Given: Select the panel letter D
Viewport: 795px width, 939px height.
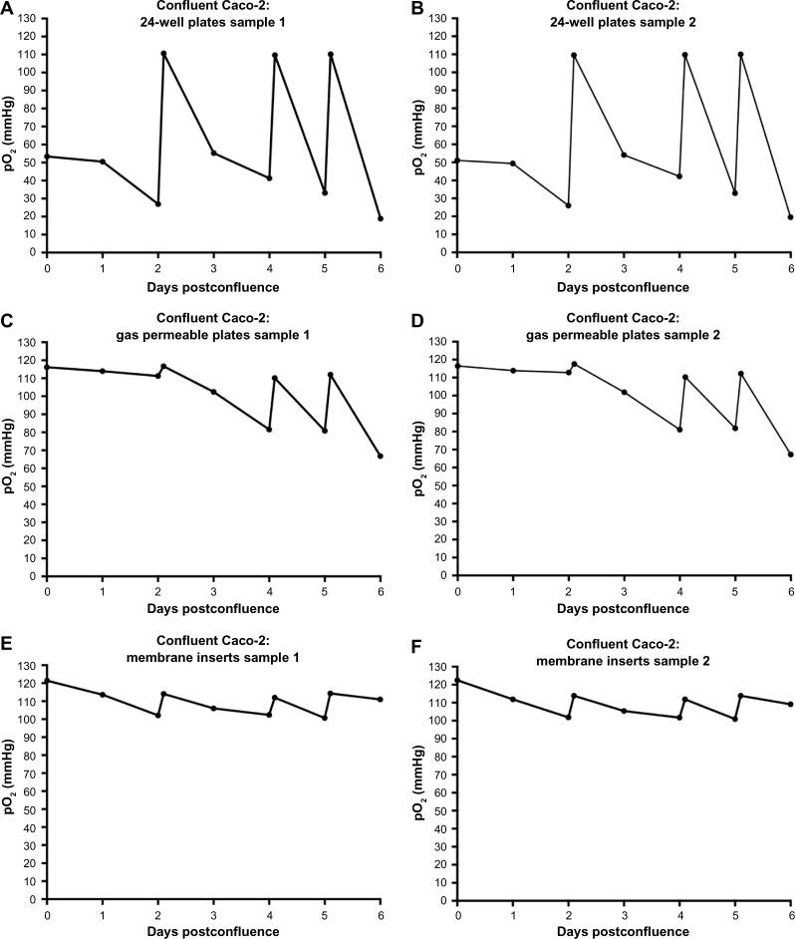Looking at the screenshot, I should pos(417,333).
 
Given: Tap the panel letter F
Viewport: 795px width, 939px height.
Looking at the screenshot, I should pos(417,657).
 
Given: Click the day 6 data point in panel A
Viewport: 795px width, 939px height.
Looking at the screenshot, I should pos(381,218).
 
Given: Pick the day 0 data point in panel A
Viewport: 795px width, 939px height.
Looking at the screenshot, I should pos(47,156).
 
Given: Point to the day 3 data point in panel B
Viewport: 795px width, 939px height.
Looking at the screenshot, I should pos(624,155).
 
